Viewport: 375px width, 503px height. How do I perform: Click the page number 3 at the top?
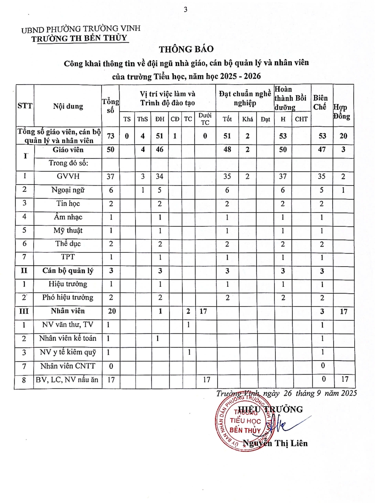click(186, 10)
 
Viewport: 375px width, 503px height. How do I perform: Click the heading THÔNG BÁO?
click(186, 49)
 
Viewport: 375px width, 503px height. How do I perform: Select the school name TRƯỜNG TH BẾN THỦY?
click(79, 38)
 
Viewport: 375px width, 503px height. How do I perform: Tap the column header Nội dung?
click(68, 106)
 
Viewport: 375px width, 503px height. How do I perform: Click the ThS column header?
click(142, 119)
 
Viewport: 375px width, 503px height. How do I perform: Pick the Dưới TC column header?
click(205, 119)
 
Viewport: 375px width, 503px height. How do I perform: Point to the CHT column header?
click(301, 119)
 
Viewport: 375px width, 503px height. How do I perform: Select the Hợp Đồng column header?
click(342, 112)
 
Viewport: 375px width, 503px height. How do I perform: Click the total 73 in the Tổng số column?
click(111, 136)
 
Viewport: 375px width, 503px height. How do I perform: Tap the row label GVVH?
click(68, 176)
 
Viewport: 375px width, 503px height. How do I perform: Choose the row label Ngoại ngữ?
click(68, 190)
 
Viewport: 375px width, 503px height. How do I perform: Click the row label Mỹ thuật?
click(68, 231)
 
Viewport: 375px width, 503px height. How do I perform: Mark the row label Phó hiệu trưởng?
click(68, 297)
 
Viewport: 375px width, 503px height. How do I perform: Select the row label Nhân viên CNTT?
click(68, 366)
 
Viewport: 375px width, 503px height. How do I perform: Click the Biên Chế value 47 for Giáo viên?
click(322, 150)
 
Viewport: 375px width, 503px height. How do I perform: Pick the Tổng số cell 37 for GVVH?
click(111, 176)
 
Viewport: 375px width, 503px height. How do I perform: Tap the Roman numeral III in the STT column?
click(24, 311)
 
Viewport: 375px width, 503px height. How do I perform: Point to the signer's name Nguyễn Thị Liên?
click(275, 443)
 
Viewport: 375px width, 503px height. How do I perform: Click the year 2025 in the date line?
click(349, 393)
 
